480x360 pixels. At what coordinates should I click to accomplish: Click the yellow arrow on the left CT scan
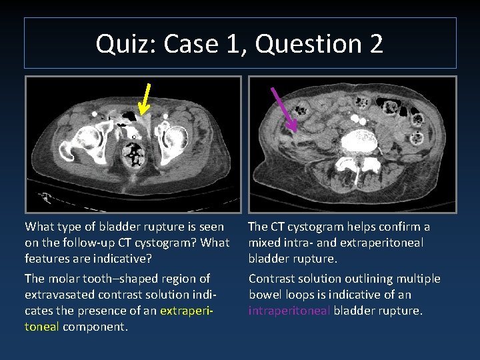pos(143,98)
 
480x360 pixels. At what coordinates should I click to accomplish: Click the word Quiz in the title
pos(119,44)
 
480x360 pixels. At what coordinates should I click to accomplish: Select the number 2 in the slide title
pos(375,44)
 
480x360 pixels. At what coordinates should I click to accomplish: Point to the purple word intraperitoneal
pos(289,311)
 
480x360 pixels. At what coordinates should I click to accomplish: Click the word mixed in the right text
pos(263,243)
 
